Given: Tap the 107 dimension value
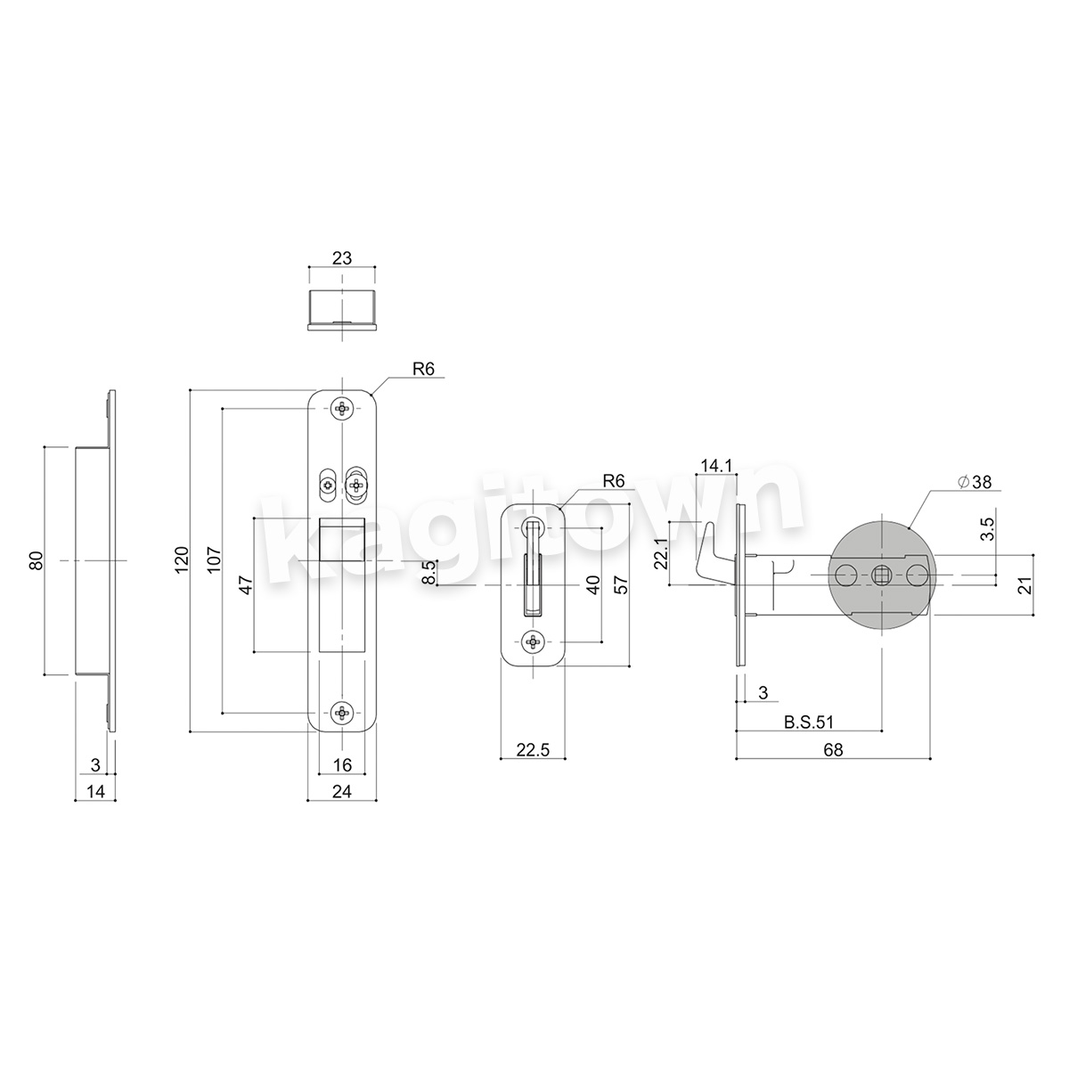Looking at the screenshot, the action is (214, 559).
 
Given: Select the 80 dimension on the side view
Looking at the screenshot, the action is (36, 560).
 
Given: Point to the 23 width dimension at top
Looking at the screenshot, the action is (342, 258).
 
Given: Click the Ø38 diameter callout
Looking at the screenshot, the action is (975, 482).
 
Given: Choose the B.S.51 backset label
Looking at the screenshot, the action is (808, 722).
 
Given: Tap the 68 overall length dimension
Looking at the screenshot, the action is (833, 750).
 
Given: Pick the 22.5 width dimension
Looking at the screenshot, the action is (533, 750).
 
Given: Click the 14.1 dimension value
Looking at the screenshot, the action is (716, 466).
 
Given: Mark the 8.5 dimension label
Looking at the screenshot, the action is (428, 572).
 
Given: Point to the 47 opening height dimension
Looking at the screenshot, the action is (246, 585).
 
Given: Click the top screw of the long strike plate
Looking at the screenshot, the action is (342, 410).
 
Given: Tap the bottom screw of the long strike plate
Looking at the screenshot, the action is (342, 713).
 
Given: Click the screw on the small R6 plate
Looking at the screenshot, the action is (533, 642).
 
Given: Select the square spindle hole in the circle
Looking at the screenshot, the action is (881, 575).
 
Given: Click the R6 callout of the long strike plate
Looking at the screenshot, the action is (423, 369).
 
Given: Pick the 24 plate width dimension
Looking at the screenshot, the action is (342, 792).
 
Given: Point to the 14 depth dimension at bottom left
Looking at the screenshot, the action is (95, 792).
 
